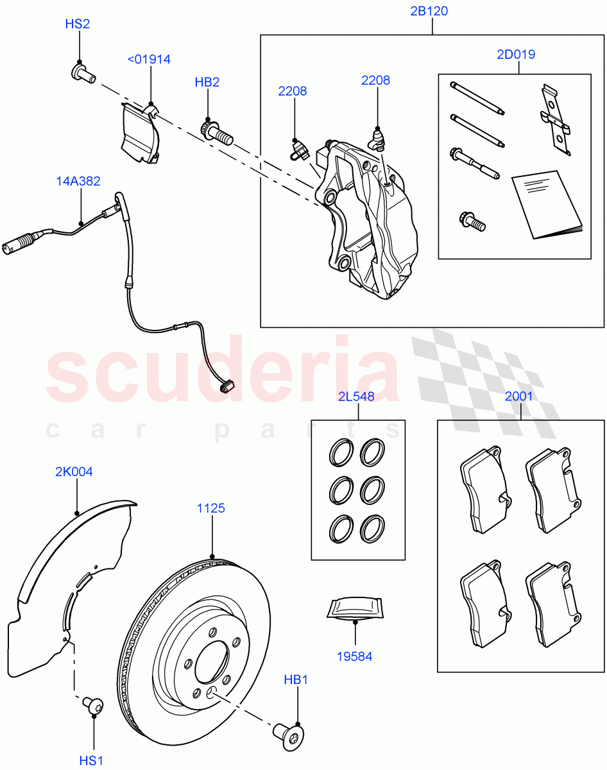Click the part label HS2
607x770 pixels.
pyautogui.click(x=77, y=24)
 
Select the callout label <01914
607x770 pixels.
pyautogui.click(x=149, y=60)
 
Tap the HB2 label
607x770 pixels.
pyautogui.click(x=207, y=83)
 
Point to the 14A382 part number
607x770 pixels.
pyautogui.click(x=78, y=182)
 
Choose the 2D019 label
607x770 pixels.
pyautogui.click(x=515, y=55)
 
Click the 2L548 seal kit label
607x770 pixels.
pyautogui.click(x=356, y=397)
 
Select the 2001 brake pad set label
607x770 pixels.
pyautogui.click(x=518, y=397)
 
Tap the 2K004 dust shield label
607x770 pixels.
pyautogui.click(x=74, y=472)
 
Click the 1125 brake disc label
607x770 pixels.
pyautogui.click(x=210, y=508)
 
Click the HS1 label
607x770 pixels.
pyautogui.click(x=91, y=760)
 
